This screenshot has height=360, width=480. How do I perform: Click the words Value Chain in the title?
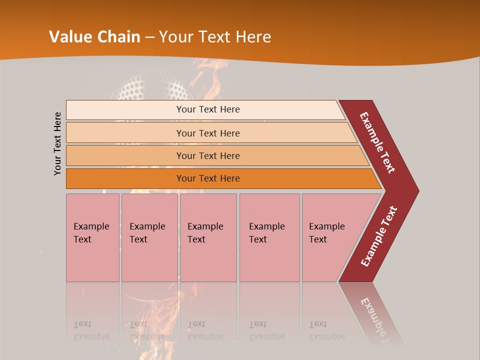pyautogui.click(x=94, y=37)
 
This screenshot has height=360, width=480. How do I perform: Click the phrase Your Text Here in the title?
pyautogui.click(x=215, y=37)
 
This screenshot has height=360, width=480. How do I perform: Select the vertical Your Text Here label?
pyautogui.click(x=57, y=143)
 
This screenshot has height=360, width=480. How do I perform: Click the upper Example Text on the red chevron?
pyautogui.click(x=377, y=142)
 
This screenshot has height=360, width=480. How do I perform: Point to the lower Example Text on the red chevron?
pyautogui.click(x=378, y=236)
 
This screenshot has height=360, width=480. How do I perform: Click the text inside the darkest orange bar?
pyautogui.click(x=208, y=178)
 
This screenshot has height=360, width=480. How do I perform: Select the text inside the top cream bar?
pyautogui.click(x=208, y=109)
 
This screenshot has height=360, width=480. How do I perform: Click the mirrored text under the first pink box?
pyautogui.click(x=91, y=330)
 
